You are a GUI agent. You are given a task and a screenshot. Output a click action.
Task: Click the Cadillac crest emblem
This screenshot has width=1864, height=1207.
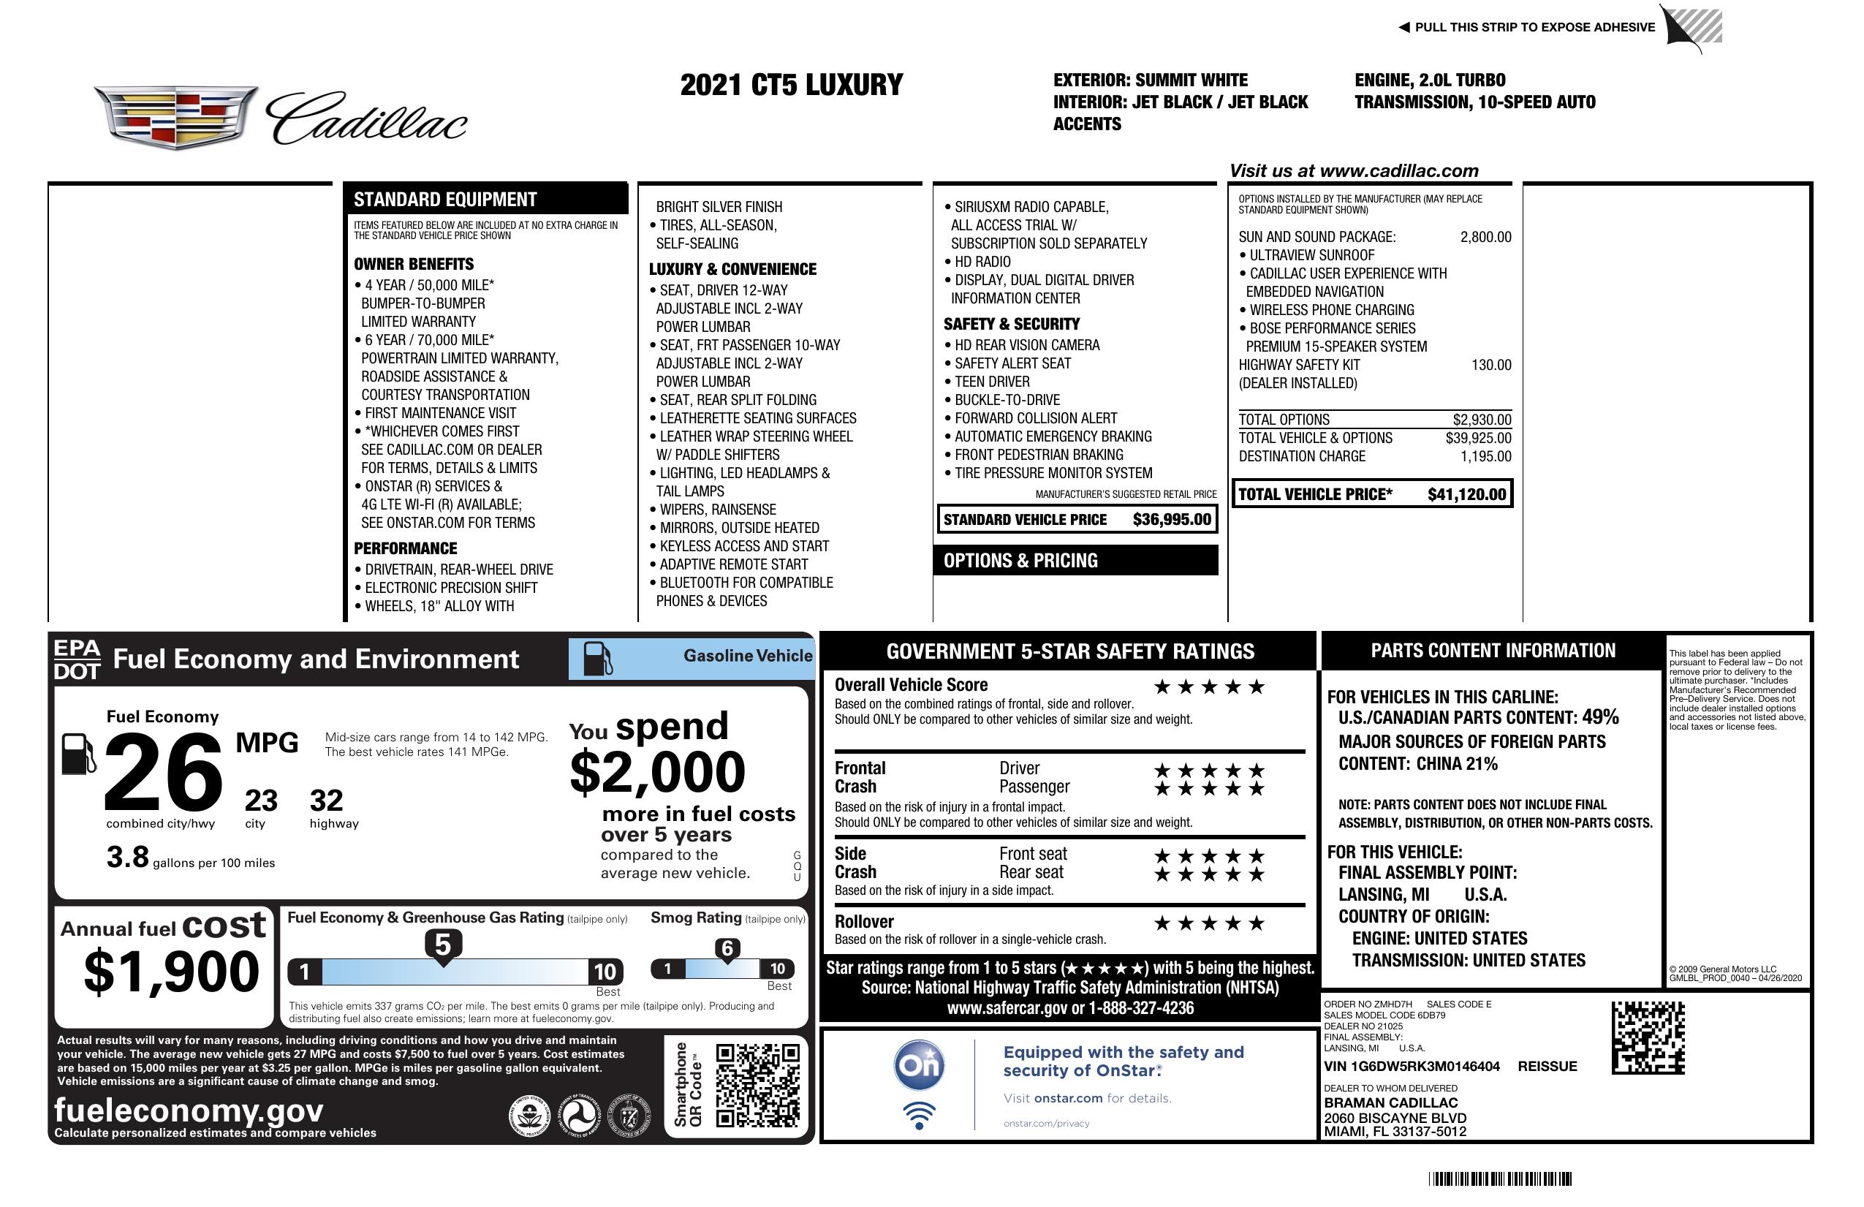point(175,118)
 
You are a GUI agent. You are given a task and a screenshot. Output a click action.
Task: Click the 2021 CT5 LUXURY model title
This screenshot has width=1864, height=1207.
point(791,85)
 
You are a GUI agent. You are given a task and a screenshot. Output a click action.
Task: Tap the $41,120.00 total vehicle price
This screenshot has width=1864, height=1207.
point(1466,494)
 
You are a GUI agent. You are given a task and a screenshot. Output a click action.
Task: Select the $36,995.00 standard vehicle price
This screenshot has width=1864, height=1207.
point(1172,519)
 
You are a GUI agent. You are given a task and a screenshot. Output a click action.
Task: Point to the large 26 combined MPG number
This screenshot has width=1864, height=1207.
point(163,772)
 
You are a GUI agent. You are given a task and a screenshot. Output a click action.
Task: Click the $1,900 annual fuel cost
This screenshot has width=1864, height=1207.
point(171,972)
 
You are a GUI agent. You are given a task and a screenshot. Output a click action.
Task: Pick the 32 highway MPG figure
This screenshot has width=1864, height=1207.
point(326,801)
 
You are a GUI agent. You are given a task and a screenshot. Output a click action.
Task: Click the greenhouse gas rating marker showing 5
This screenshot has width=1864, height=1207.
point(442,945)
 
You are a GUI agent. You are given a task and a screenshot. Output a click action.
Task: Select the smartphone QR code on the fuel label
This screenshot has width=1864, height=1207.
point(757,1085)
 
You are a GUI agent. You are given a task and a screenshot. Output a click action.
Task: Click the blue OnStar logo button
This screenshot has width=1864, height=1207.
point(919,1065)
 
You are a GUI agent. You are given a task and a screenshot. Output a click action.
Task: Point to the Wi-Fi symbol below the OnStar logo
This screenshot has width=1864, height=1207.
point(919,1116)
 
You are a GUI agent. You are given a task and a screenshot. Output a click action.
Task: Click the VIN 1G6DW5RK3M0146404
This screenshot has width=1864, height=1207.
point(1412,1066)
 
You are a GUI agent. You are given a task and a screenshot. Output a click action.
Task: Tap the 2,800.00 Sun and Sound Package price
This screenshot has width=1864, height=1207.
point(1485,237)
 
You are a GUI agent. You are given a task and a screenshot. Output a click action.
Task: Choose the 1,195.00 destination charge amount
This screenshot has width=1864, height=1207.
point(1485,456)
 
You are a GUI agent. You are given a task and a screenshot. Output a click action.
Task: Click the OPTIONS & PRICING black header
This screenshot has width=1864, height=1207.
point(1075,561)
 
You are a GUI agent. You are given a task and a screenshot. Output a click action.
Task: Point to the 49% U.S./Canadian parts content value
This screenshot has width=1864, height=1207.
point(1600,716)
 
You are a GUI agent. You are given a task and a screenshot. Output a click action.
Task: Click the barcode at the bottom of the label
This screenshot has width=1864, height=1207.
point(1500,1178)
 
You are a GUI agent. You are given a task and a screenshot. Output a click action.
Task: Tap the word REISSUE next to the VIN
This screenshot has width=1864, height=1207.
point(1547,1066)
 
